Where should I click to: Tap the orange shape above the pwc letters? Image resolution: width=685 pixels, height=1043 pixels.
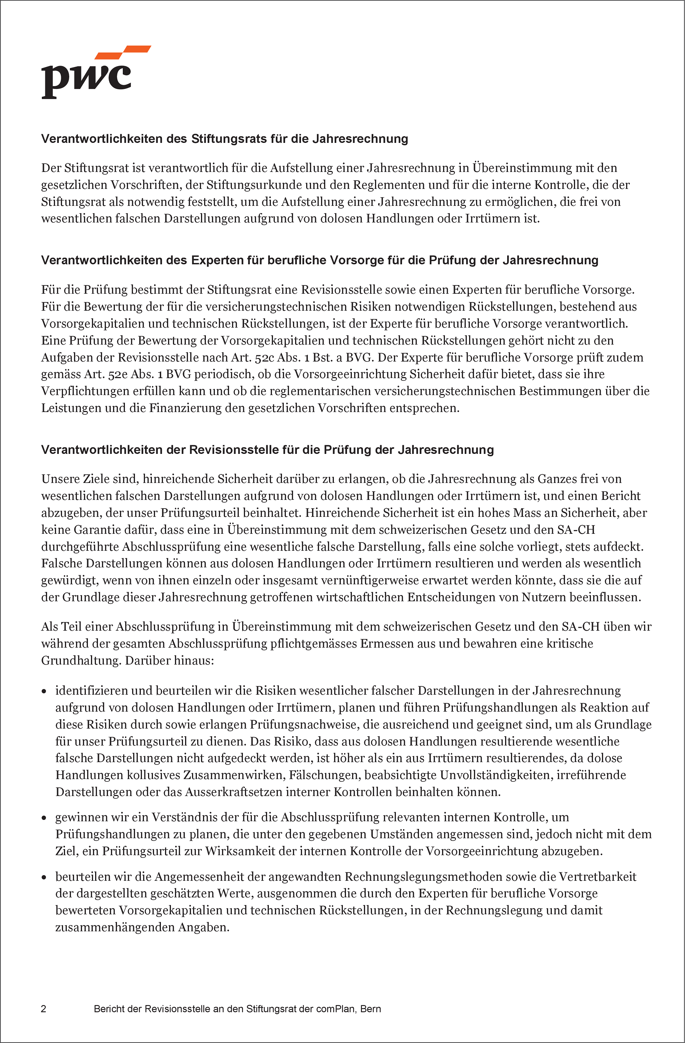(x=123, y=52)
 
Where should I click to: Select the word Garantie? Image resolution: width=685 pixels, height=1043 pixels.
(x=95, y=530)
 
